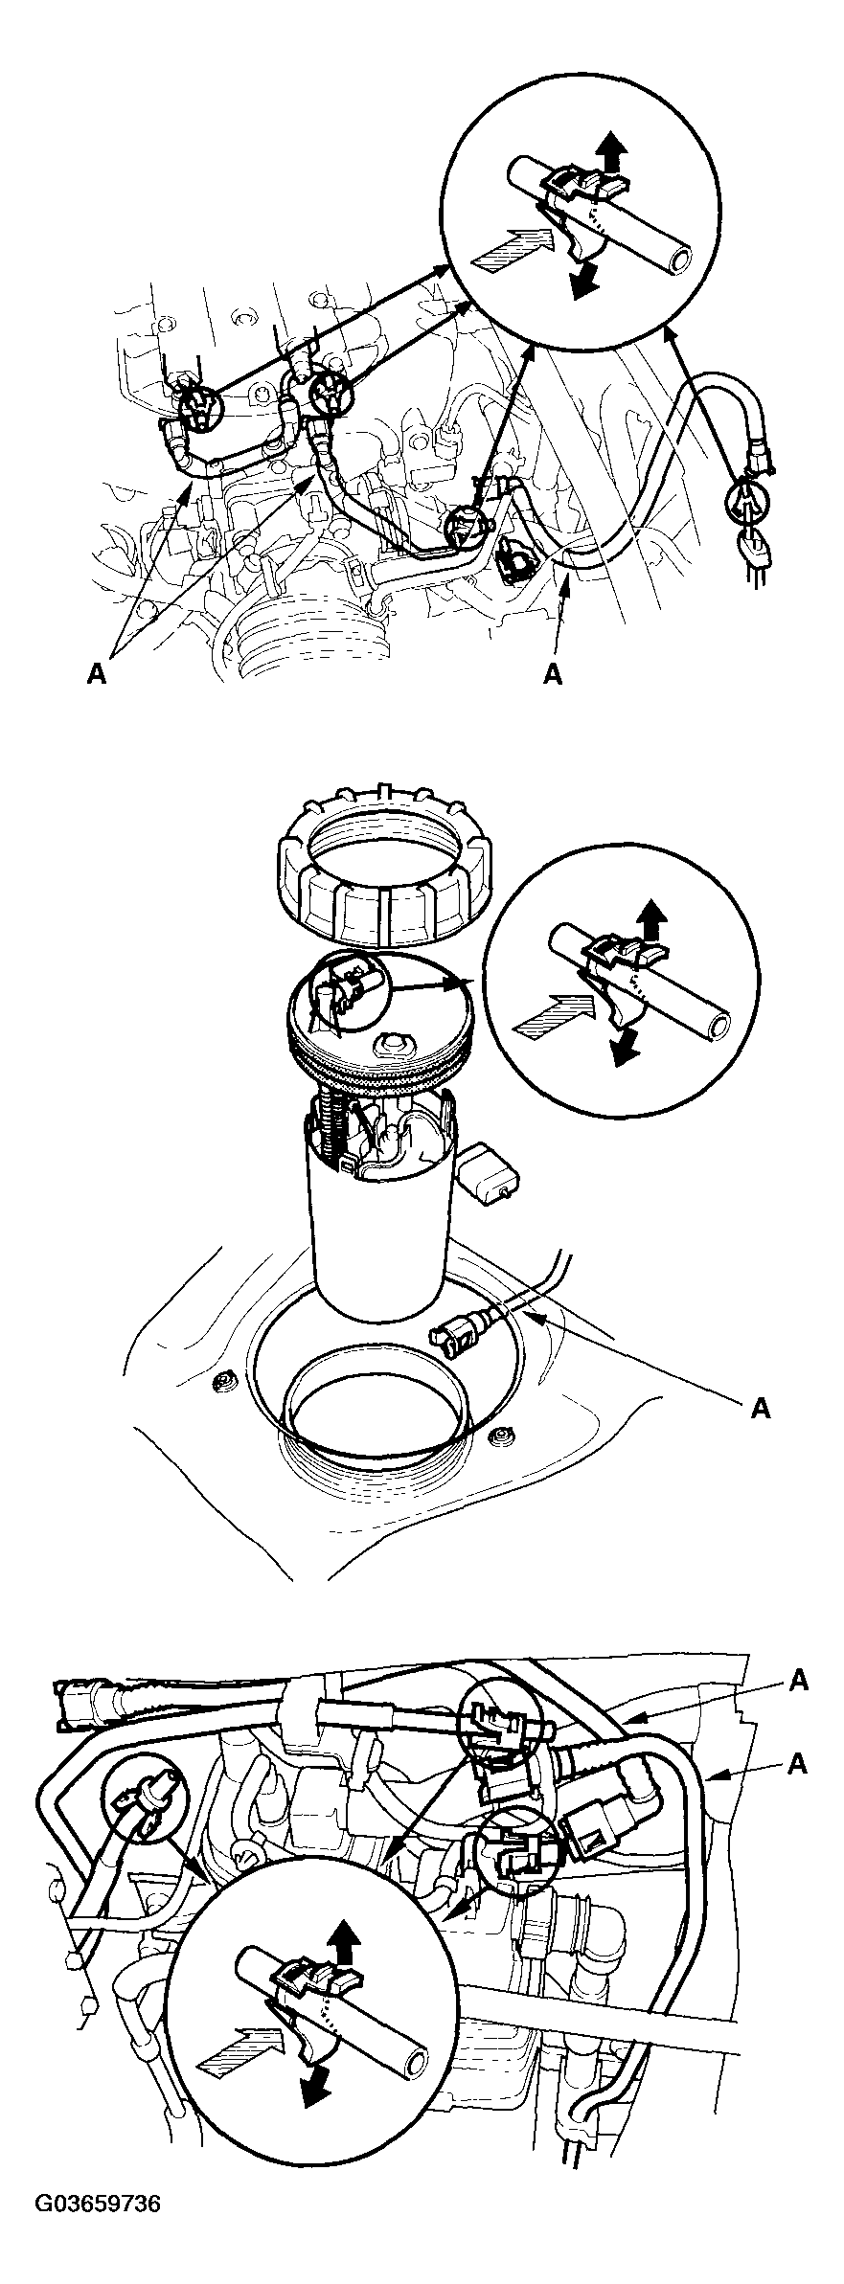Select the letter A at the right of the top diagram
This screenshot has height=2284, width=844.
click(x=553, y=676)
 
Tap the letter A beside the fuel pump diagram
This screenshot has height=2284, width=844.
click(x=761, y=1409)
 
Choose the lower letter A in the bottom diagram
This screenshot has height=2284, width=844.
click(x=799, y=1763)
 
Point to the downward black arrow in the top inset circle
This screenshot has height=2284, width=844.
click(x=582, y=276)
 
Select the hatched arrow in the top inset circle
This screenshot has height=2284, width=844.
click(x=508, y=251)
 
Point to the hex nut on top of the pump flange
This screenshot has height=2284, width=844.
click(x=396, y=1045)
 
